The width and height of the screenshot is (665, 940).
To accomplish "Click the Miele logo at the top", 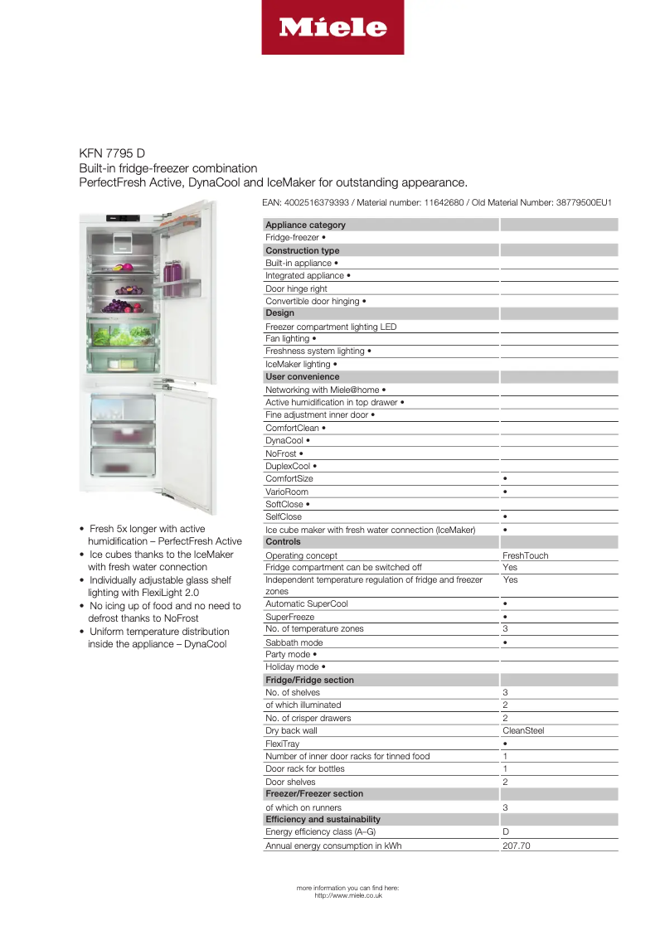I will click(332, 27).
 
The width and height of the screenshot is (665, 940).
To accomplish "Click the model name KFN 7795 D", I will click(112, 153).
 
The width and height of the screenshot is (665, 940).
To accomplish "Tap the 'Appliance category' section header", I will click(305, 225).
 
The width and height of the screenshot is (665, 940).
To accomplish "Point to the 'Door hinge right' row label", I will click(296, 288).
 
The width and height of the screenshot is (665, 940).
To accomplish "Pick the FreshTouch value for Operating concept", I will click(525, 555).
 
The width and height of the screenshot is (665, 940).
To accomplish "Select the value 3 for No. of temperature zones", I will click(506, 629).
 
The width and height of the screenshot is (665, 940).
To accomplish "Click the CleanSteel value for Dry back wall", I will click(523, 731).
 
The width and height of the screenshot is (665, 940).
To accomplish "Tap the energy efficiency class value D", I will click(506, 831).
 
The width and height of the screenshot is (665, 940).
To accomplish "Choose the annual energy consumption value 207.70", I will click(516, 846).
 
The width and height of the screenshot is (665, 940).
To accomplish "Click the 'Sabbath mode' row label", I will click(294, 642).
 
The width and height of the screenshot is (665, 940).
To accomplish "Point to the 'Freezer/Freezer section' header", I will click(314, 794).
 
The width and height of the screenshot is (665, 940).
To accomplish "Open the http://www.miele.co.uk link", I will click(348, 895).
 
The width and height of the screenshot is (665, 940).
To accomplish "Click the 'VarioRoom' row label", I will click(287, 492).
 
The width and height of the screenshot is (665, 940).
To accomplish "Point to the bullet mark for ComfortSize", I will click(506, 479).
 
